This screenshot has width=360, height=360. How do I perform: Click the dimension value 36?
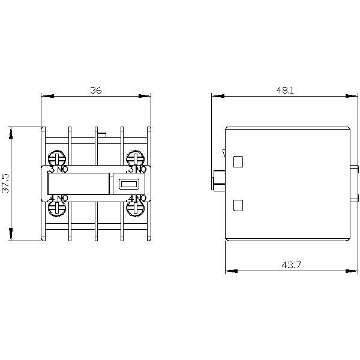[96, 91]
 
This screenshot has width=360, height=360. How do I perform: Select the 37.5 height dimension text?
[5, 184]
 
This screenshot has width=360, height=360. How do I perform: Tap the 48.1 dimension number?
[285, 91]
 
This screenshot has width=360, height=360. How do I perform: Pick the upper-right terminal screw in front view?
[134, 158]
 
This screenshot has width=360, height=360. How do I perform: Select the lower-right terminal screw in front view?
[134, 208]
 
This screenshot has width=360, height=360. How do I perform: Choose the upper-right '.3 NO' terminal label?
[136, 170]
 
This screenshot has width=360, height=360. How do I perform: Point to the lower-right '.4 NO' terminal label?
[136, 197]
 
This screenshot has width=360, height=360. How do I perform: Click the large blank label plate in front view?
[79, 184]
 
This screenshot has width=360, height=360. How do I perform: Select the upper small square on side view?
[238, 161]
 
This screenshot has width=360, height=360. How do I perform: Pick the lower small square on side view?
[238, 205]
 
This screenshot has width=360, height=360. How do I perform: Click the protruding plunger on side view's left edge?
[218, 178]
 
